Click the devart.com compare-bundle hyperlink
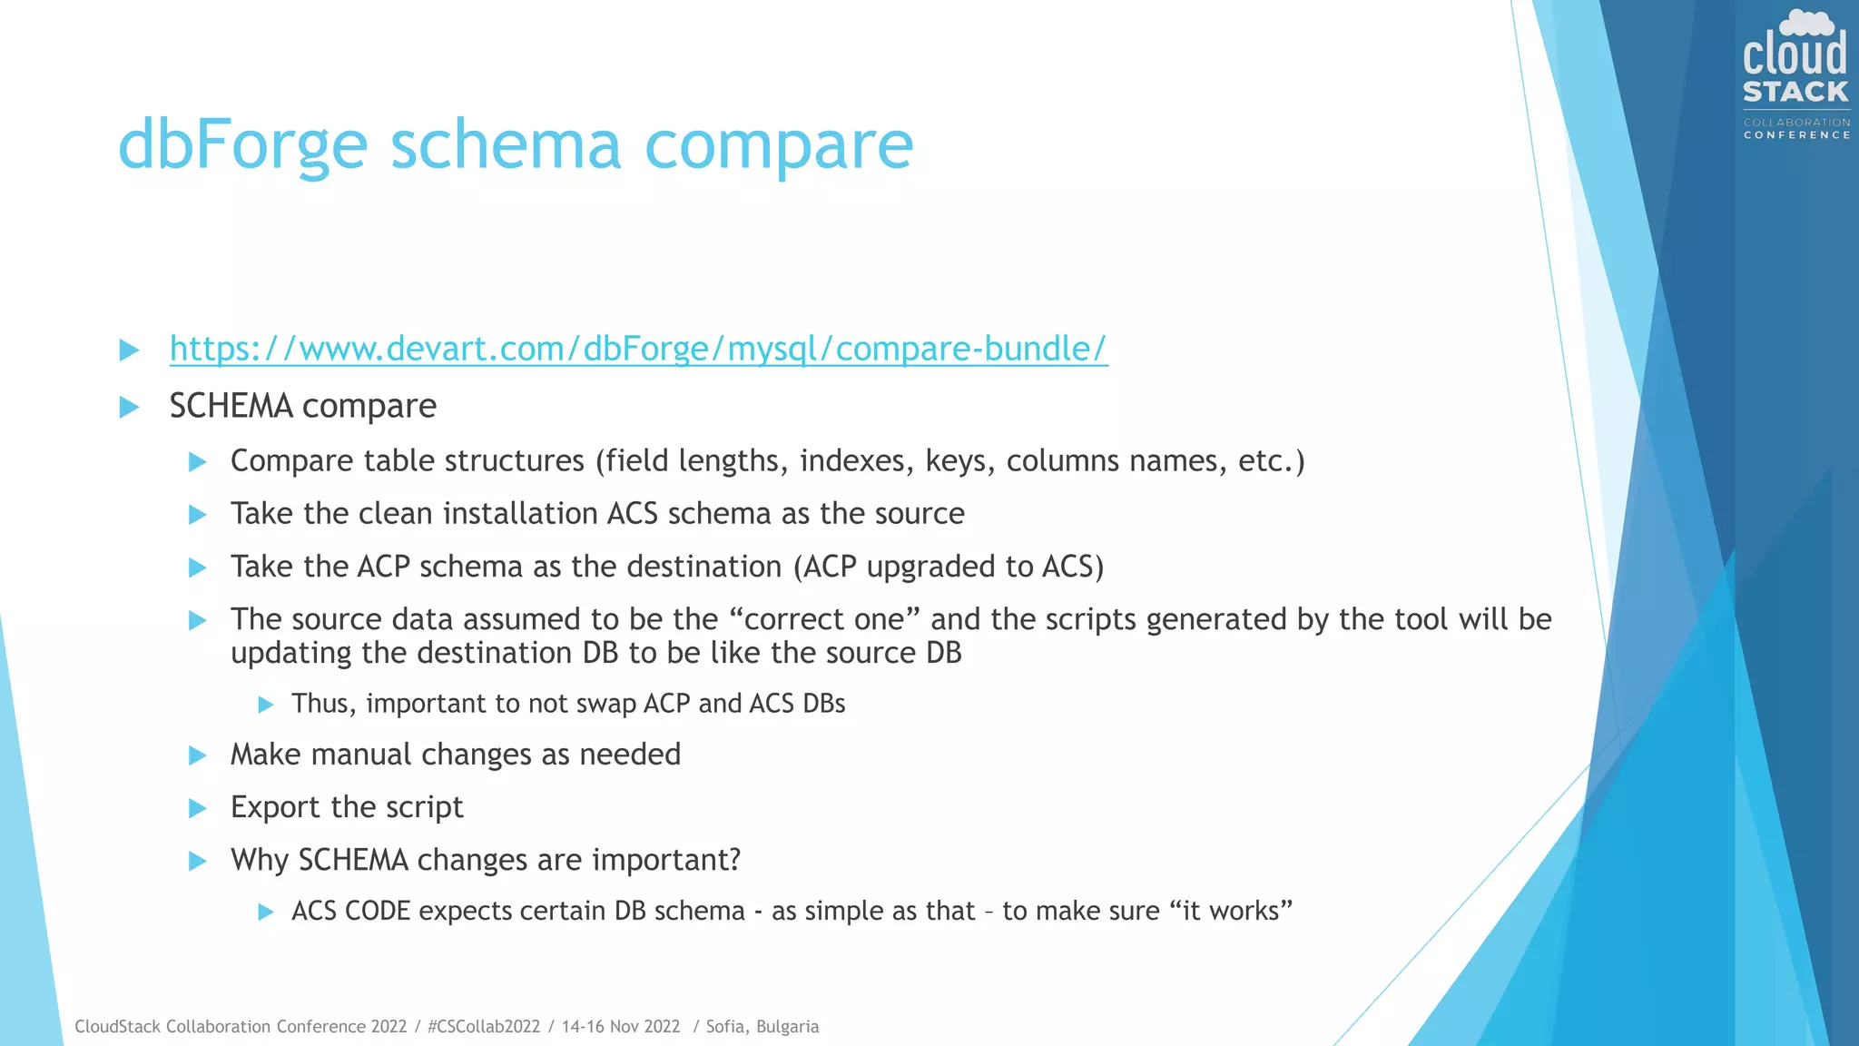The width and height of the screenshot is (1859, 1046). click(638, 349)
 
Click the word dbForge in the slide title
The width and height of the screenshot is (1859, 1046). click(242, 145)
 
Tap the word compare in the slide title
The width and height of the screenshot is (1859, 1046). click(778, 145)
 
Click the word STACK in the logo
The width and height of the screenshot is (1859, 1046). click(1795, 92)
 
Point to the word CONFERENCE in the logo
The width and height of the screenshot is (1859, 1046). click(1796, 135)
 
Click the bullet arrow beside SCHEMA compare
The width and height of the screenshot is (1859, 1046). click(130, 407)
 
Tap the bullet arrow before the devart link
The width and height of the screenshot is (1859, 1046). click(130, 350)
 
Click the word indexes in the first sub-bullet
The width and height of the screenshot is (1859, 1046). click(856, 461)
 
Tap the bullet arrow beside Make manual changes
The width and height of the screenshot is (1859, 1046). click(198, 755)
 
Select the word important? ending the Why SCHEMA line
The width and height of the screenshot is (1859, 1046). click(666, 860)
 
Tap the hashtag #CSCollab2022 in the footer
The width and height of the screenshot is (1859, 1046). click(483, 1027)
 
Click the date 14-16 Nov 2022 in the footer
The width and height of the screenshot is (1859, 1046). click(621, 1027)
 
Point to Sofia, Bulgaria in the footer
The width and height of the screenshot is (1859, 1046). click(762, 1027)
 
